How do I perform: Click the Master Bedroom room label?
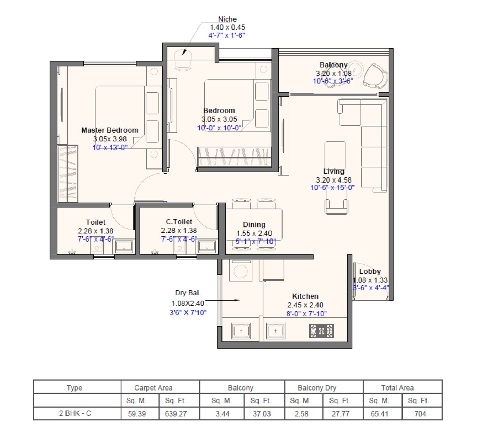(110, 130)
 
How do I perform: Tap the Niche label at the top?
(227, 19)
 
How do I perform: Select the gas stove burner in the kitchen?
(321, 331)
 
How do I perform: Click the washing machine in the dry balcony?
(240, 271)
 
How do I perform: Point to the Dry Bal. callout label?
(188, 293)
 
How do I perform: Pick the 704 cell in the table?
(420, 414)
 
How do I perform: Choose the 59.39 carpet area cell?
(137, 414)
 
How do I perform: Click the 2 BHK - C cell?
(75, 413)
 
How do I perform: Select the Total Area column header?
(397, 388)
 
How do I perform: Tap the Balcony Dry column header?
(317, 388)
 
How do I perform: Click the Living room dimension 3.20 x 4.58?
(334, 180)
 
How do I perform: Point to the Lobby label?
(370, 271)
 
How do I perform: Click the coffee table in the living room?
(335, 154)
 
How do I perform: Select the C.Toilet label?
(179, 222)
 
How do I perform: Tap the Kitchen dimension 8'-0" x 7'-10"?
(307, 314)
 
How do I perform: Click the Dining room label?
(254, 224)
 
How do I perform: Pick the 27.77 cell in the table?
(340, 414)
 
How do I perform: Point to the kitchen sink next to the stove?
(276, 331)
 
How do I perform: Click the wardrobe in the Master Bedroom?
(68, 174)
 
